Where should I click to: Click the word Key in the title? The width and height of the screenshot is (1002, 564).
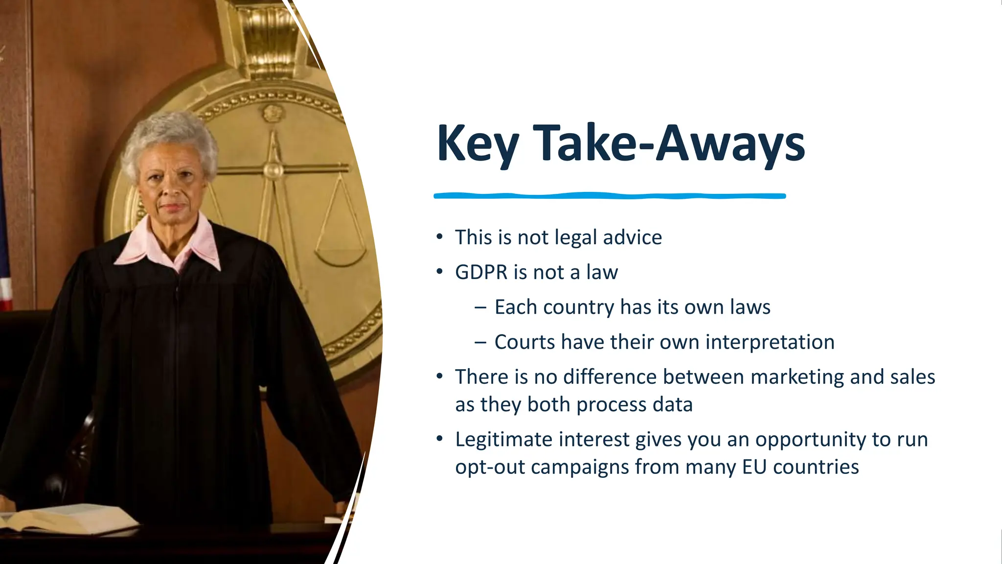click(x=477, y=144)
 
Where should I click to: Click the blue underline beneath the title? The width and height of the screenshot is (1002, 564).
click(x=609, y=196)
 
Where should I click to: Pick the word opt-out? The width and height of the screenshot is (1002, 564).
click(x=490, y=468)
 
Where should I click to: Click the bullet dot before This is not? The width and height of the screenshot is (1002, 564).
click(x=439, y=237)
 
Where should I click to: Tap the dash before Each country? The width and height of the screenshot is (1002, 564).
click(x=480, y=307)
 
